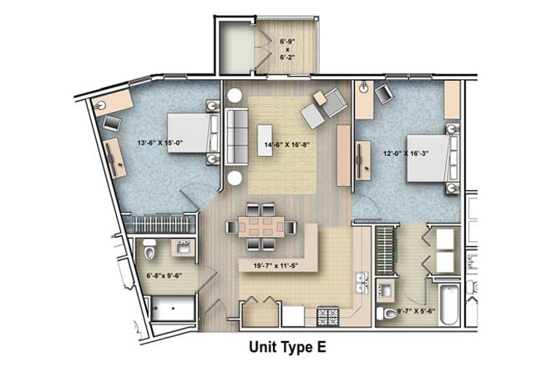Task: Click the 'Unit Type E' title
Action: tap(287, 347)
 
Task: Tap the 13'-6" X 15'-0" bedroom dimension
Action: tap(160, 143)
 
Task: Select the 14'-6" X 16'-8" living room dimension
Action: tap(287, 144)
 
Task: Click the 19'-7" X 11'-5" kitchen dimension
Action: tap(275, 266)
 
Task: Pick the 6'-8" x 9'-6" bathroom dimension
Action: tap(164, 275)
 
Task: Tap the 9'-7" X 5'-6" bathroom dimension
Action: tap(416, 312)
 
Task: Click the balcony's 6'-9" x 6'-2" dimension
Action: tap(287, 49)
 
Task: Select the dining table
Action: tap(261, 227)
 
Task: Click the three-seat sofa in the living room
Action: tap(236, 137)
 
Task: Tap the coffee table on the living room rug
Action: tap(265, 140)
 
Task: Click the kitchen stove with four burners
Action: tap(327, 316)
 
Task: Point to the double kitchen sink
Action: tap(361, 283)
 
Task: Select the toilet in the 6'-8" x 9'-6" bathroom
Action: tap(149, 249)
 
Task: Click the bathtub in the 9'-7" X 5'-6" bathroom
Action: tap(449, 304)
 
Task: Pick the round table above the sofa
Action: tap(234, 96)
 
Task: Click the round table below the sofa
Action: tap(235, 178)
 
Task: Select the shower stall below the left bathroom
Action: tap(173, 309)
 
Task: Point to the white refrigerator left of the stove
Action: tap(293, 316)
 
